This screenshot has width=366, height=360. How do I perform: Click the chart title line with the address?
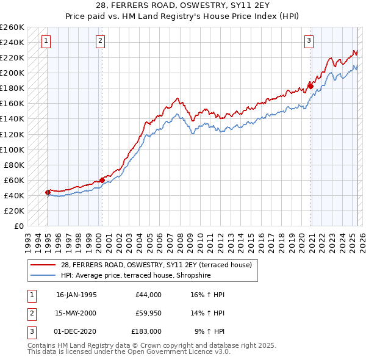pyautogui.click(x=183, y=5)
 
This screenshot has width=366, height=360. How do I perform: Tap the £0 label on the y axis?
pyautogui.click(x=19, y=226)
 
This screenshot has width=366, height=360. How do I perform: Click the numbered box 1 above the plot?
pyautogui.click(x=47, y=41)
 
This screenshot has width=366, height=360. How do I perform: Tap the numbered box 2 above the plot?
pyautogui.click(x=100, y=41)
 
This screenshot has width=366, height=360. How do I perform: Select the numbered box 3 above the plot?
pyautogui.click(x=309, y=41)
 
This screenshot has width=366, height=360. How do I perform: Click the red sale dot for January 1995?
pyautogui.click(x=48, y=192)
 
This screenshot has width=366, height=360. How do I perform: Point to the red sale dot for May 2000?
pyautogui.click(x=102, y=179)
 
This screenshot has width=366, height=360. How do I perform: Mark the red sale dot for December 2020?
pyautogui.click(x=310, y=86)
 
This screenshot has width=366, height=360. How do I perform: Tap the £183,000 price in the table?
pyautogui.click(x=146, y=333)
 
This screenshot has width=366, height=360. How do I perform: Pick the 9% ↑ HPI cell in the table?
pyautogui.click(x=209, y=333)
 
